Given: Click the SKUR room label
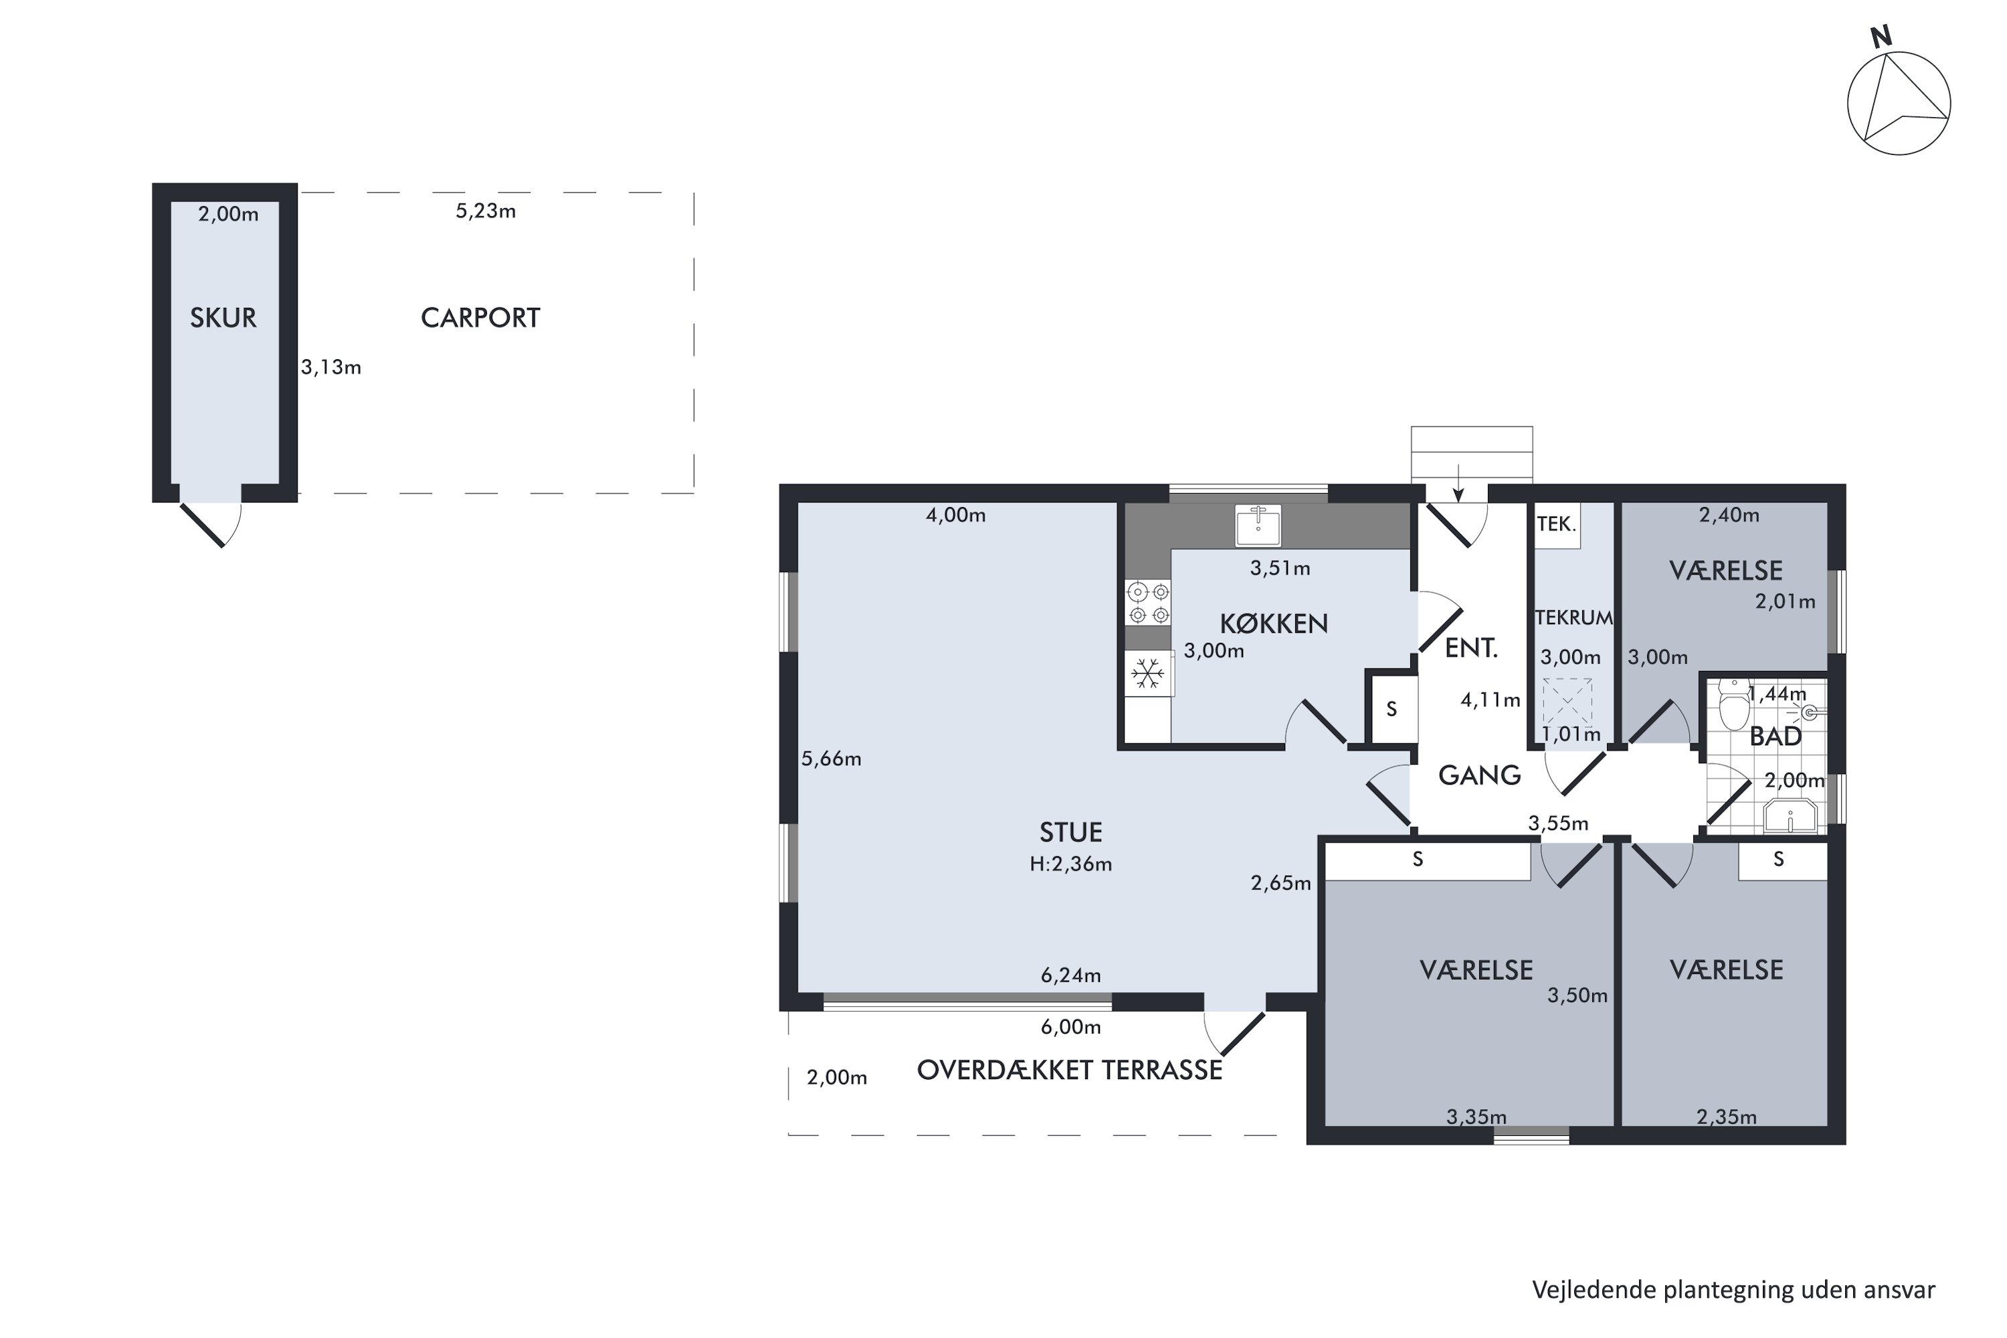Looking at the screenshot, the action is pos(223,318).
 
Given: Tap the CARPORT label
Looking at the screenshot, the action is pos(480,318).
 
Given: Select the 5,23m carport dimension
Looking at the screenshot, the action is pos(486,211).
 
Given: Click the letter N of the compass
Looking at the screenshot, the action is pos(1881,36).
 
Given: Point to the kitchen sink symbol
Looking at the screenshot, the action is pos(1258,524).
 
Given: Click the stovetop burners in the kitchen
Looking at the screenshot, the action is pos(1149,603).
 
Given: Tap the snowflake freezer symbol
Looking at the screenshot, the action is pos(1148,674).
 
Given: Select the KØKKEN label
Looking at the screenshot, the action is pos(1274,624).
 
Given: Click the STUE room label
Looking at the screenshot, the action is pos(1071,832).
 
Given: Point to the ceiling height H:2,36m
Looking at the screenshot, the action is pos(1071,864).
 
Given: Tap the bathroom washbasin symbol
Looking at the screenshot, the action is pos(1790,816).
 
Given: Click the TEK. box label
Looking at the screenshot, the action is pos(1557,524).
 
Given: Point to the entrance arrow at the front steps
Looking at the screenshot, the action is pos(1459,483).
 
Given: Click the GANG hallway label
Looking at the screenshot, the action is pos(1480,775).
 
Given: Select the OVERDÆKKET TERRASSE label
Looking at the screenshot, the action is pos(1069,1070).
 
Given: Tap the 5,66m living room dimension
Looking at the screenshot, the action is pos(831,759).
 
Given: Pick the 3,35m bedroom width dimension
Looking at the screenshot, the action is pos(1476,1117).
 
